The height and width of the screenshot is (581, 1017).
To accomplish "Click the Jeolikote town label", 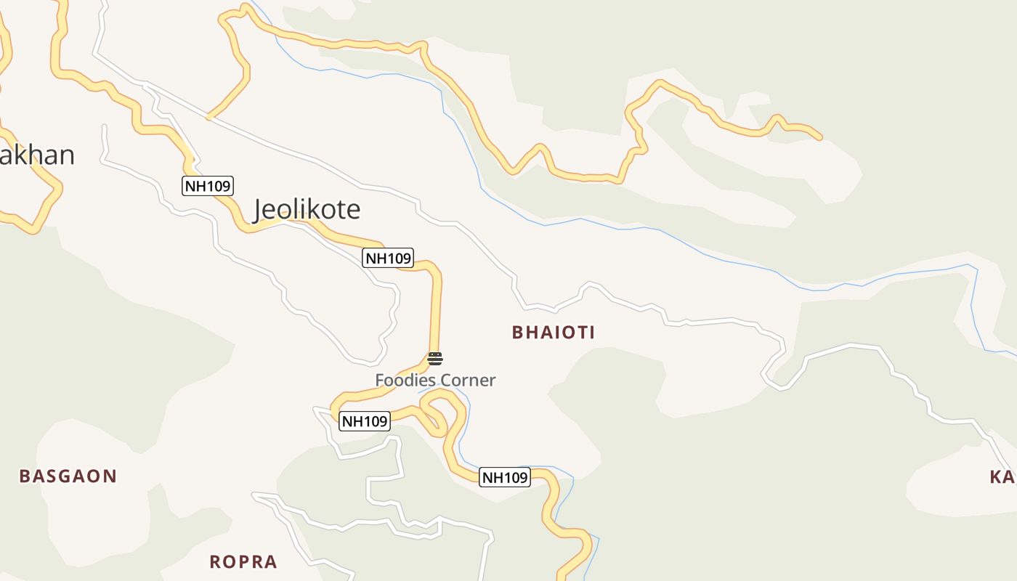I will [x=307, y=209].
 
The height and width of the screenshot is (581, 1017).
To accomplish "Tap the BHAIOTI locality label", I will [x=554, y=333].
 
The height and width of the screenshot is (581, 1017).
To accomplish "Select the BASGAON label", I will [x=68, y=476].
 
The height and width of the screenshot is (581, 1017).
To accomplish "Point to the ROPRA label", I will [x=243, y=561].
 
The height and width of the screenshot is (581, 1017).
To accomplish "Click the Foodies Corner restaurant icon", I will [x=435, y=358].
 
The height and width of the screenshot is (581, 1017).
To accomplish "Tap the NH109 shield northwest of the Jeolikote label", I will [x=207, y=186].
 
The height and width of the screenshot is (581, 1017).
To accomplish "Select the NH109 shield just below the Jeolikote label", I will [x=388, y=258].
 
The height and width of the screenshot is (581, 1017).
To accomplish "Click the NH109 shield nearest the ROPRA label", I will [x=365, y=420].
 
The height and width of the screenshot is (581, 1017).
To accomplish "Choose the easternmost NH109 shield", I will [x=504, y=477].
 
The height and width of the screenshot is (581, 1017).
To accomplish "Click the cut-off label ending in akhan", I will [x=36, y=155].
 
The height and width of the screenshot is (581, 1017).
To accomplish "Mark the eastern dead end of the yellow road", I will [x=820, y=137].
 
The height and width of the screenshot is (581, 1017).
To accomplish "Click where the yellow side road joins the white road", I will [x=208, y=116].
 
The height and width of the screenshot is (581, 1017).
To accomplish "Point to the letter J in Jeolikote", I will [x=259, y=210].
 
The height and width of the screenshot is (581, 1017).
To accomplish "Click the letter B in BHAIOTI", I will [x=517, y=333].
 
